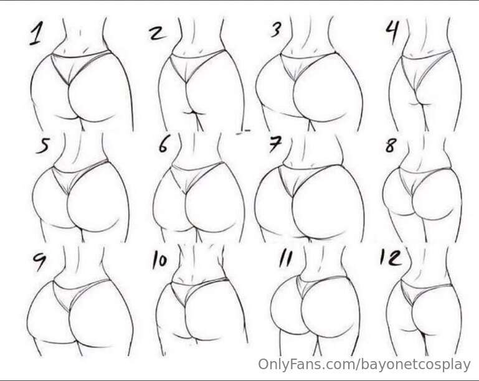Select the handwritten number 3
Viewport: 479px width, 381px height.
tap(276, 30)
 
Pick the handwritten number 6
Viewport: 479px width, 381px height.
tap(163, 145)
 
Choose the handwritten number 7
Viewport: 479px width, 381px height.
tap(275, 144)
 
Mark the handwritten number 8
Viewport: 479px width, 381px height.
tap(391, 146)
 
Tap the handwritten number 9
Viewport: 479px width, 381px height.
tap(40, 262)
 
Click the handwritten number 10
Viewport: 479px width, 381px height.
tap(159, 260)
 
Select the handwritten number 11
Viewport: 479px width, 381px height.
tap(285, 259)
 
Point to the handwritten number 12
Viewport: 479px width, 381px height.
tap(390, 257)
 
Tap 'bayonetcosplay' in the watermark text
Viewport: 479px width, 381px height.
tap(415, 365)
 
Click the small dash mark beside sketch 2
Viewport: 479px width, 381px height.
tap(244, 131)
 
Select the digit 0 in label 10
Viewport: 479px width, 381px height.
tap(163, 261)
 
